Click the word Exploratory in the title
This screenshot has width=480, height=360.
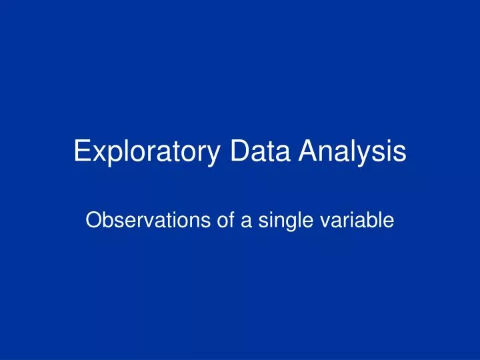pyautogui.click(x=147, y=152)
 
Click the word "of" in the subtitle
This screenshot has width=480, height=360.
pyautogui.click(x=219, y=221)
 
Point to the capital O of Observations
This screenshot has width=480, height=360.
pyautogui.click(x=94, y=221)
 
